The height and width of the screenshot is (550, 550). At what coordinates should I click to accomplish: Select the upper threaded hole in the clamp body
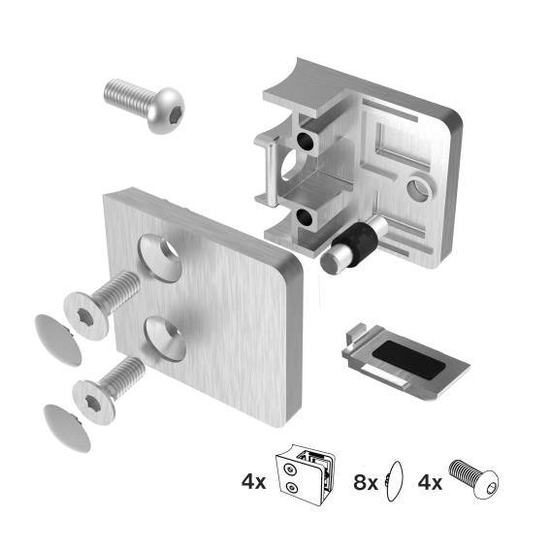point(307,142)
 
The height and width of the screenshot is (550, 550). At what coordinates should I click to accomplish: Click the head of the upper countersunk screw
point(84,313)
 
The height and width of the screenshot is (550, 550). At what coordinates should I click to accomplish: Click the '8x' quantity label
point(365,479)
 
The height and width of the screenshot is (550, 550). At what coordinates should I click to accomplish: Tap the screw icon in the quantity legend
point(472,480)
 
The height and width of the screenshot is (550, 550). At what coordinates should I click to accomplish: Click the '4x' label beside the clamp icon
point(253,479)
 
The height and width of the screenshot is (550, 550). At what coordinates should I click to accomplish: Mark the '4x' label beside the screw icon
point(428,479)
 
